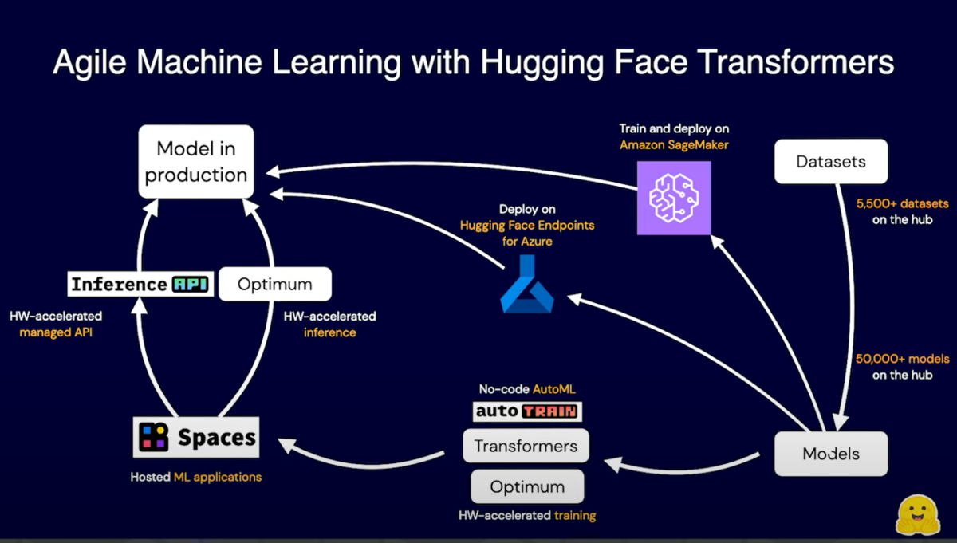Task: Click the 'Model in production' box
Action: click(x=196, y=161)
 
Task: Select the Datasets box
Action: click(x=830, y=162)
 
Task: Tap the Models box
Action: click(x=830, y=454)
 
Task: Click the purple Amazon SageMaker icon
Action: click(x=674, y=198)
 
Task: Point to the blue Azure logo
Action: click(x=526, y=285)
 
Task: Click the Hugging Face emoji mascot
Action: click(x=918, y=514)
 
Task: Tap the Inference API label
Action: click(x=140, y=285)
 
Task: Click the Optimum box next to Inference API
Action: click(x=274, y=285)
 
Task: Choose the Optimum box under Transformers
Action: click(x=527, y=486)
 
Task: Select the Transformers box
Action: click(x=526, y=446)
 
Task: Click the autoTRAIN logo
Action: click(x=527, y=411)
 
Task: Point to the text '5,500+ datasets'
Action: click(x=902, y=204)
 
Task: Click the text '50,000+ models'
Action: click(x=902, y=360)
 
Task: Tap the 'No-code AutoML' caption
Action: click(x=527, y=390)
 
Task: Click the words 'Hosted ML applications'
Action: click(x=196, y=477)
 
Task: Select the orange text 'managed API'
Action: click(x=56, y=332)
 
